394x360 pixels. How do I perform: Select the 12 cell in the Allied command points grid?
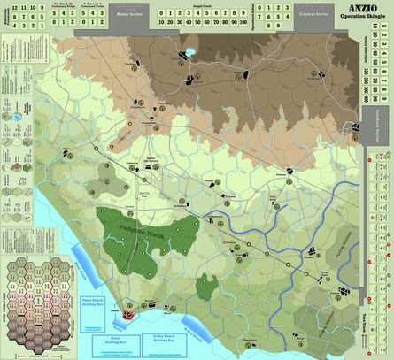[11, 7]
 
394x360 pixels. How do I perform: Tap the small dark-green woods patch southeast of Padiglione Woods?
[207, 285]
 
